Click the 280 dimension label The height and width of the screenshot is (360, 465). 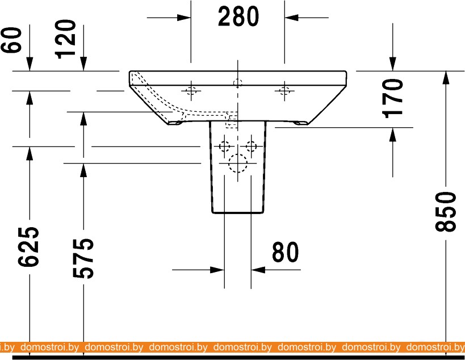click(238, 16)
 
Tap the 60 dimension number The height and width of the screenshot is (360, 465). click(11, 40)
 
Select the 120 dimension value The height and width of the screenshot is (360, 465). click(65, 39)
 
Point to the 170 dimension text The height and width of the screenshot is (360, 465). click(393, 98)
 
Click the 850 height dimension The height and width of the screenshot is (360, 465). click(445, 211)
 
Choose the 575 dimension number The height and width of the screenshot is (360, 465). click(83, 258)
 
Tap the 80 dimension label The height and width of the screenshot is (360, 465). click(285, 252)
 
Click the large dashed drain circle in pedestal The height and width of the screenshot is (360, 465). click(238, 164)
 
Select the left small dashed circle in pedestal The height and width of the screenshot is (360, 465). click(224, 146)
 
